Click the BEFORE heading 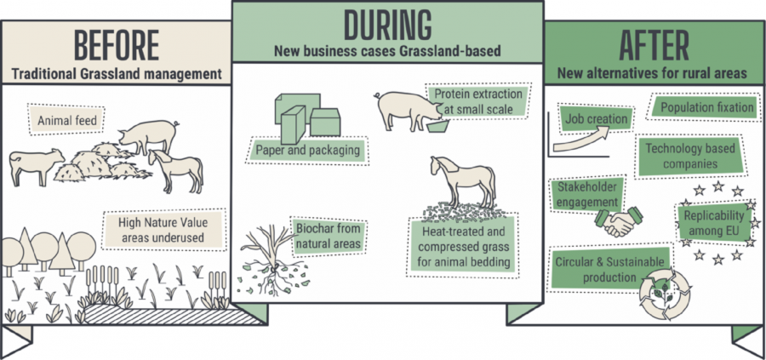pos(116,44)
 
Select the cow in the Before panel pos(36,166)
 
